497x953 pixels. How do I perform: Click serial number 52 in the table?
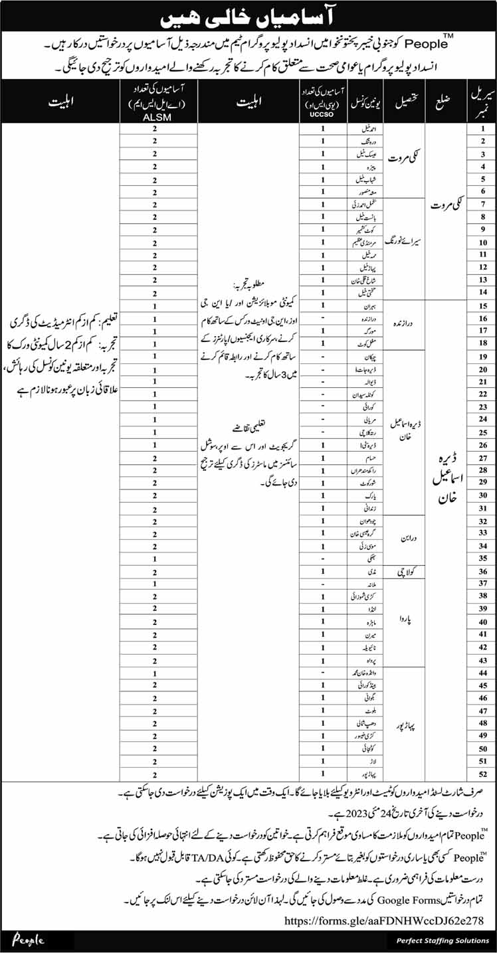[483, 774]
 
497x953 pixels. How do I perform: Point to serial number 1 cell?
[483, 130]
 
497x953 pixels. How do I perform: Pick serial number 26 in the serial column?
[483, 445]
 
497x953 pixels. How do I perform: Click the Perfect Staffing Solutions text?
[441, 940]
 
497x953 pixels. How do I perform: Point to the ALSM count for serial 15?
[155, 306]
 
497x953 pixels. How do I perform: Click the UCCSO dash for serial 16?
[323, 319]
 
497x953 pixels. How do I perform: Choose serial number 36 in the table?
[483, 571]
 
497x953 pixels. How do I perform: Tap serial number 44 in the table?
[483, 673]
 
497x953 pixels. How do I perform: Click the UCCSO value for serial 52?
[323, 774]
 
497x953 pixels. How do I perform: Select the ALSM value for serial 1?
[155, 130]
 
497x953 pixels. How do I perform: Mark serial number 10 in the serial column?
[483, 243]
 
